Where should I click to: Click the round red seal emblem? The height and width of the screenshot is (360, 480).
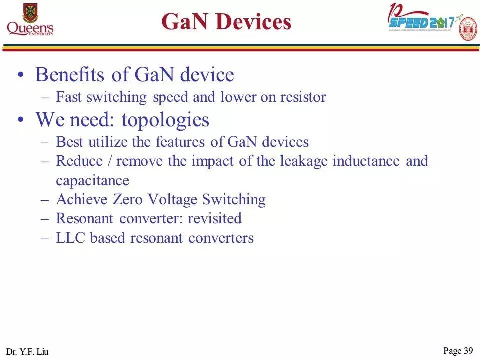[x=468, y=29]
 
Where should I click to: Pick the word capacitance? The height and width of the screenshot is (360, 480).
[x=92, y=180]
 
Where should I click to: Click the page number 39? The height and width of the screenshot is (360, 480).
[x=468, y=351]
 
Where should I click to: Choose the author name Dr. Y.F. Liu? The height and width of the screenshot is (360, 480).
[x=28, y=352]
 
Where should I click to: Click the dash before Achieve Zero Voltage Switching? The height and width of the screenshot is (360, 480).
[x=45, y=200]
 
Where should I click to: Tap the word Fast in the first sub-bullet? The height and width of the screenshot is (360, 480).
[x=69, y=97]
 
